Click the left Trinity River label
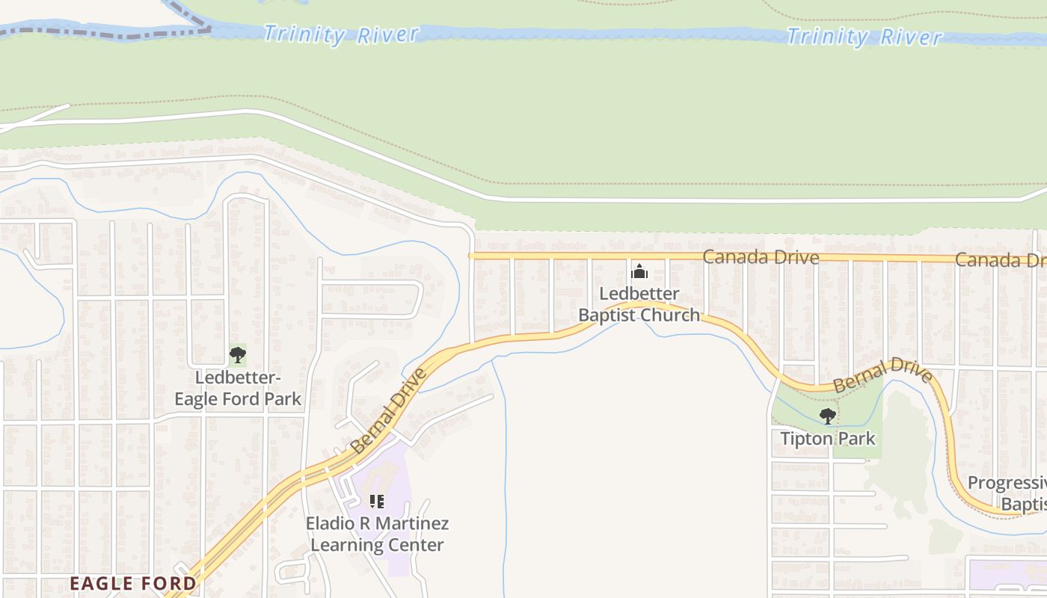340,34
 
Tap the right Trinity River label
864,37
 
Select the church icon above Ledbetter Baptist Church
639,271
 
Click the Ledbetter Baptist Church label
639,304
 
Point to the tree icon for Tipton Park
827,416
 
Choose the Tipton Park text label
827,438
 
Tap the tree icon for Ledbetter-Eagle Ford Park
237,354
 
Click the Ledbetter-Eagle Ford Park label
238,388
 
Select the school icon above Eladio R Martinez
377,501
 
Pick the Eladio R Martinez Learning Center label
377,534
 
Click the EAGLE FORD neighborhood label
133,583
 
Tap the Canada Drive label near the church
761,257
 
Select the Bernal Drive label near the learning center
387,410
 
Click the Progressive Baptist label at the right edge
1007,493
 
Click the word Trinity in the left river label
304,34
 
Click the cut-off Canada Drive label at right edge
1000,260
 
